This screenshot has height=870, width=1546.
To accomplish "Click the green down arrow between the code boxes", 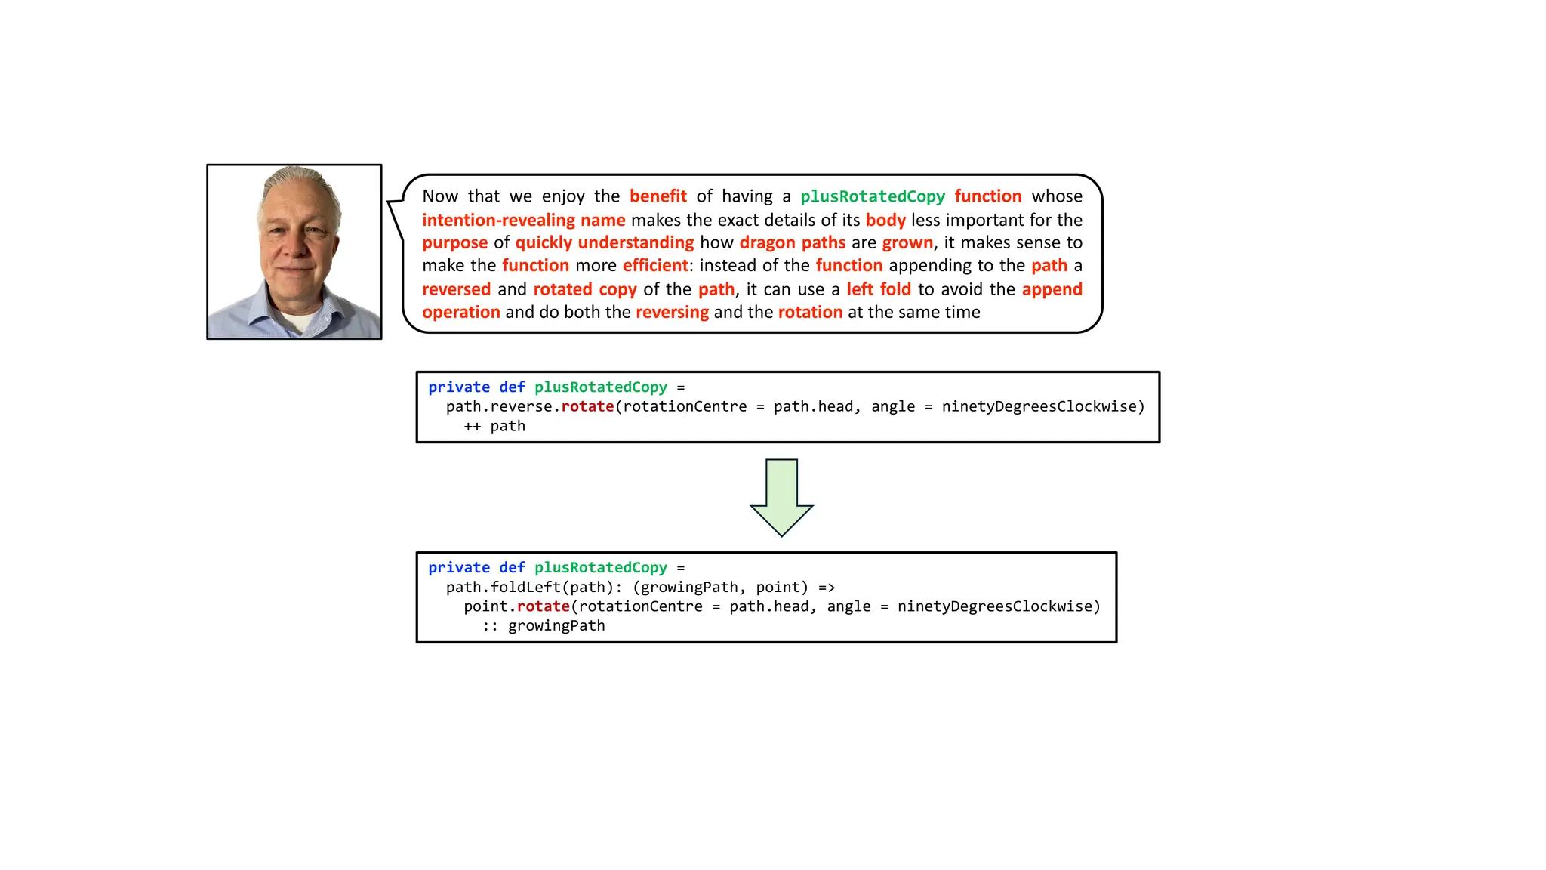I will point(781,498).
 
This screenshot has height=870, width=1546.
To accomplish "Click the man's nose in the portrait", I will point(295,243).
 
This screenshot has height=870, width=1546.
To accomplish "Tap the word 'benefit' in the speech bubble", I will point(658,196).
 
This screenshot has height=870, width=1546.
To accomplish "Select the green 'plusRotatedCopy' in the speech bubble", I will point(872,196).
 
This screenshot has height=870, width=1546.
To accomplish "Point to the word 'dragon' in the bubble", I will point(767,242).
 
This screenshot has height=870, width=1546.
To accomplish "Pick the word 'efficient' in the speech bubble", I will point(655,266).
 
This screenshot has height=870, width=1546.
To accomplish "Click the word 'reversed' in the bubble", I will point(456,289).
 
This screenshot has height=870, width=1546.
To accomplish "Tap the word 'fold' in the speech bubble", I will point(895,289).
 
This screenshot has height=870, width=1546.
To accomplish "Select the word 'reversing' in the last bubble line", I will point(672,313).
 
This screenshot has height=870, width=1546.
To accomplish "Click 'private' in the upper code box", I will point(459,387).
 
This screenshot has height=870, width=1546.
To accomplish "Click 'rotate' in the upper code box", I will point(587,407).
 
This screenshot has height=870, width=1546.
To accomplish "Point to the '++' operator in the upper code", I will point(472,427).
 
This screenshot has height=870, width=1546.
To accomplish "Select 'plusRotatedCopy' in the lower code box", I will point(601,568).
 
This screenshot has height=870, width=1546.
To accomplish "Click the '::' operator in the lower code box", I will point(490,626).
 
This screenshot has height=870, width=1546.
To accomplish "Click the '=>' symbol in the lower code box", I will point(827,588).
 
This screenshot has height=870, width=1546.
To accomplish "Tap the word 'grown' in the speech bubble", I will point(907,242).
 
